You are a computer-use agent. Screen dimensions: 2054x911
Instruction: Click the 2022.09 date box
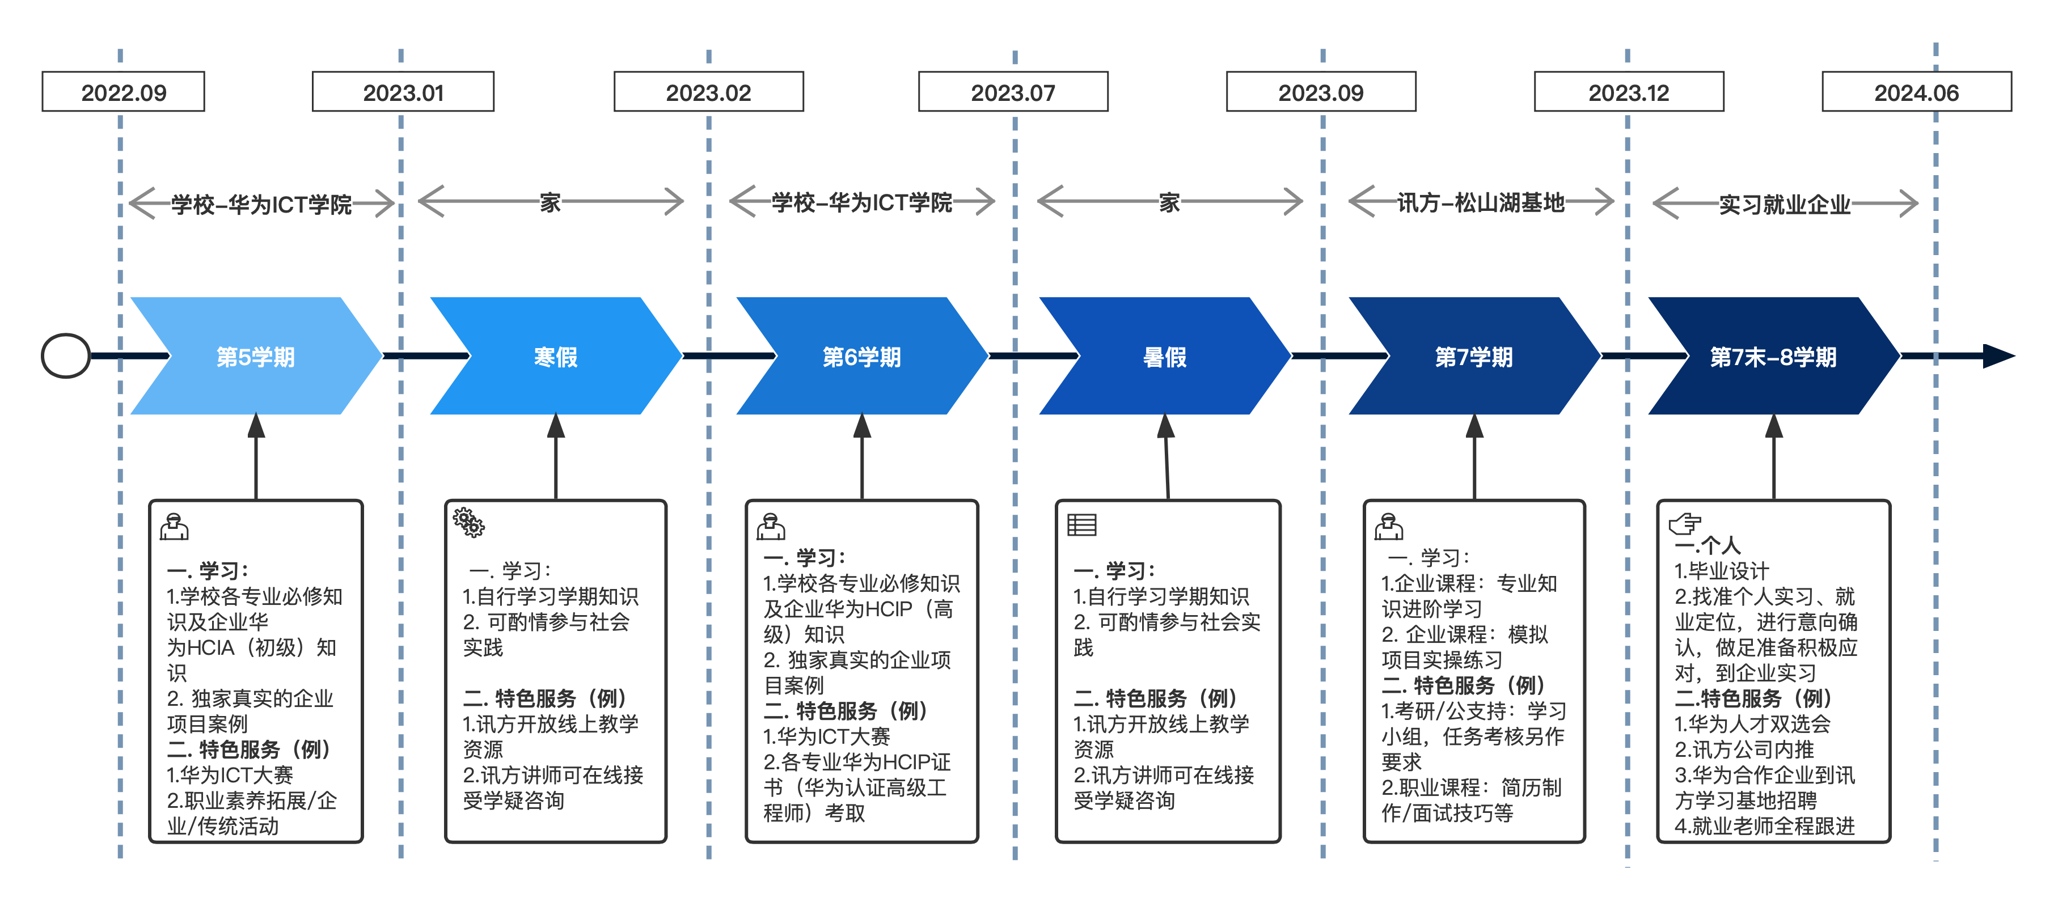coord(124,92)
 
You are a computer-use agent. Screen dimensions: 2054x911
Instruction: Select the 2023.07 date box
coord(1013,92)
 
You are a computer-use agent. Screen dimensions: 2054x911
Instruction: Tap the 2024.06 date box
coord(1916,92)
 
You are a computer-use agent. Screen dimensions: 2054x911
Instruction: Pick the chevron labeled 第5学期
coord(256,356)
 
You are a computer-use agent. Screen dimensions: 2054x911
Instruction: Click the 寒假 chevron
coord(556,356)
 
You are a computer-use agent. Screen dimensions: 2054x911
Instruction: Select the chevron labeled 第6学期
coord(862,356)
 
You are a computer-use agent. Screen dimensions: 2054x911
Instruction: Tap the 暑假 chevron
coord(1165,356)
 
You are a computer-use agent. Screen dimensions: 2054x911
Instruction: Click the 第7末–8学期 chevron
coord(1774,356)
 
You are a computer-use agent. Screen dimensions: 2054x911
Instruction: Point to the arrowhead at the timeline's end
coord(1999,356)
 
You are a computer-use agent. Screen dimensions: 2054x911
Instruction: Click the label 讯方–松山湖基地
coord(1481,204)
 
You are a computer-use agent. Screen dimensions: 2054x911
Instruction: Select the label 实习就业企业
coord(1785,205)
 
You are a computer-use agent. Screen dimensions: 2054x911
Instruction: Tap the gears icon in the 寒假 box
coord(469,523)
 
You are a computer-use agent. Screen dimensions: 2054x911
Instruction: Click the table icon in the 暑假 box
coord(1082,524)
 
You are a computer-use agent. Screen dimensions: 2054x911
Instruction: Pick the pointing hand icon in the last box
coord(1685,524)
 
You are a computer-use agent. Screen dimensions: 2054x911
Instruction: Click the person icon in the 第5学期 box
coord(174,527)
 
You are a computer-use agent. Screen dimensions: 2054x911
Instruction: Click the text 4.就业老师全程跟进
coord(1765,826)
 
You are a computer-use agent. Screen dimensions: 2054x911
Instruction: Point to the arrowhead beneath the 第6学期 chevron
coord(862,426)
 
